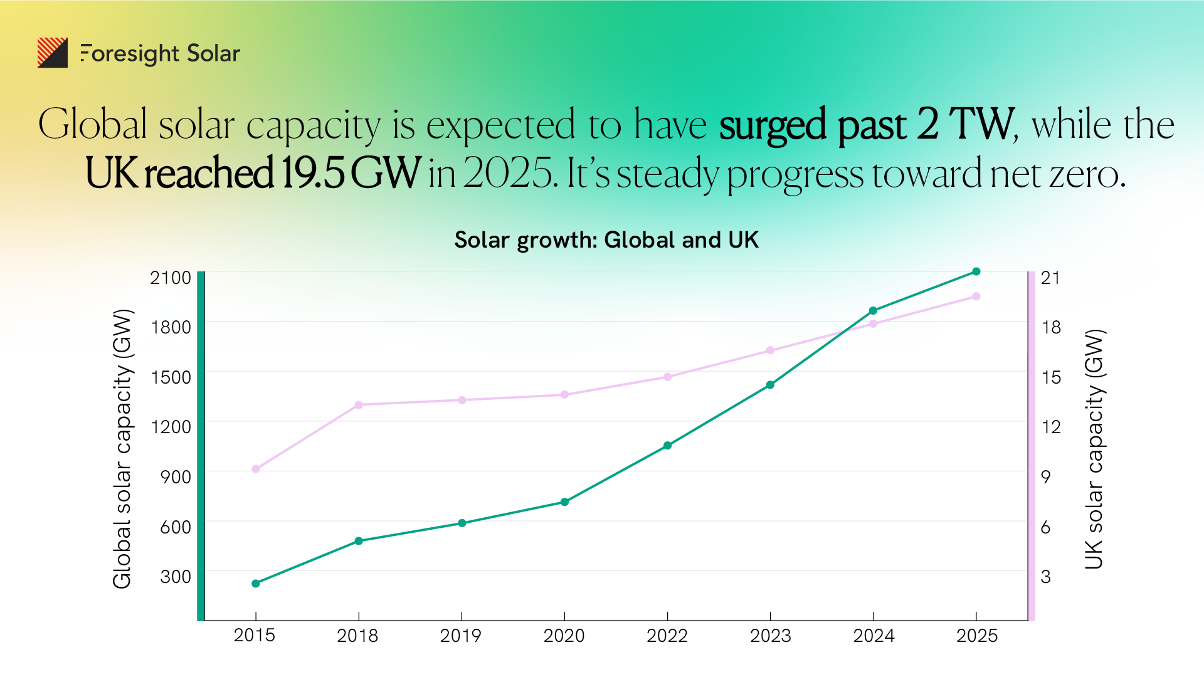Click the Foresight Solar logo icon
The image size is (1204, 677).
pyautogui.click(x=53, y=53)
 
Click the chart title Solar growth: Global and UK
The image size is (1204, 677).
pyautogui.click(x=606, y=240)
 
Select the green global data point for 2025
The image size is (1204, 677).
pyautogui.click(x=976, y=271)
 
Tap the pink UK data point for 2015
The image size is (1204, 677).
pyautogui.click(x=256, y=469)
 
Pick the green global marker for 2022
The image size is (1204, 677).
pyautogui.click(x=667, y=446)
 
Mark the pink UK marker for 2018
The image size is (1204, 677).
pyautogui.click(x=359, y=405)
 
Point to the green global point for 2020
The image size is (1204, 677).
pyautogui.click(x=564, y=501)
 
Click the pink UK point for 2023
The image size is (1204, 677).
pyautogui.click(x=770, y=350)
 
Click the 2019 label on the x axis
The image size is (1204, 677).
pyautogui.click(x=460, y=636)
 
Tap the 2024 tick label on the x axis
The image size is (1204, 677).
pyautogui.click(x=874, y=636)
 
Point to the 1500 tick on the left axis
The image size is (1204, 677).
pyautogui.click(x=171, y=377)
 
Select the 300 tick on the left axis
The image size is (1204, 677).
pyautogui.click(x=176, y=577)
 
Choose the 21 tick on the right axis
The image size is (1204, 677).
pyautogui.click(x=1050, y=278)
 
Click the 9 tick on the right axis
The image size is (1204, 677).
pyautogui.click(x=1045, y=477)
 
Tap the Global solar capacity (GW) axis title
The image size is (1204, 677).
pyautogui.click(x=122, y=449)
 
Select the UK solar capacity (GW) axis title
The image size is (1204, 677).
pyautogui.click(x=1094, y=449)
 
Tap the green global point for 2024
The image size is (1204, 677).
pyautogui.click(x=873, y=310)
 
